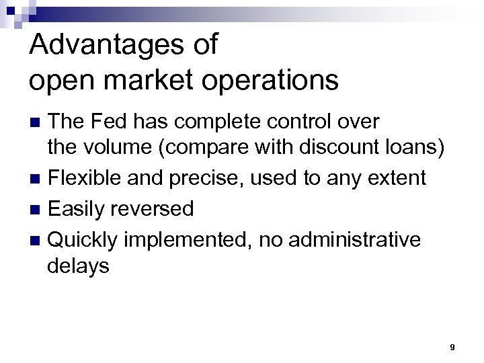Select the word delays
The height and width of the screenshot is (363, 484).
pos(78,267)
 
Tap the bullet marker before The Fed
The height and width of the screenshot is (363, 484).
pos(38,122)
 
